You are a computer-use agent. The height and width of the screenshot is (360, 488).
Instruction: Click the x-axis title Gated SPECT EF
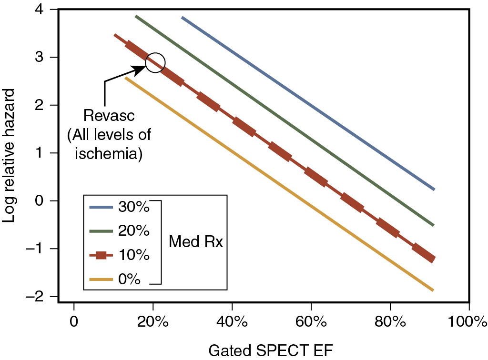click(270, 350)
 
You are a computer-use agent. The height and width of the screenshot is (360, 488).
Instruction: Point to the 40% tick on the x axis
click(232, 320)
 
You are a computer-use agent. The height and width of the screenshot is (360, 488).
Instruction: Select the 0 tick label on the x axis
click(74, 320)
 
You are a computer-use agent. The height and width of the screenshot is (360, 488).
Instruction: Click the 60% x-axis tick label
click(311, 320)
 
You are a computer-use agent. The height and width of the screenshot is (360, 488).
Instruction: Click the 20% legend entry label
click(134, 231)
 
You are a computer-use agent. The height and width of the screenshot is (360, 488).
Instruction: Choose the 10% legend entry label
click(134, 255)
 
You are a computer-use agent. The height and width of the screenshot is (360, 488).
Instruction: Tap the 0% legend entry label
click(129, 279)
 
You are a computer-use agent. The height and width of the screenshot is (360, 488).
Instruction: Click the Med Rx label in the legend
click(196, 242)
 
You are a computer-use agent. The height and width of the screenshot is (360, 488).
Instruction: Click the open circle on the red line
click(155, 62)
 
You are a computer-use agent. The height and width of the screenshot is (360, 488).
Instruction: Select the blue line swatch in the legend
click(101, 208)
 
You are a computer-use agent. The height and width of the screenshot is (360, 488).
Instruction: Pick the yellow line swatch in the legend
click(101, 280)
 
